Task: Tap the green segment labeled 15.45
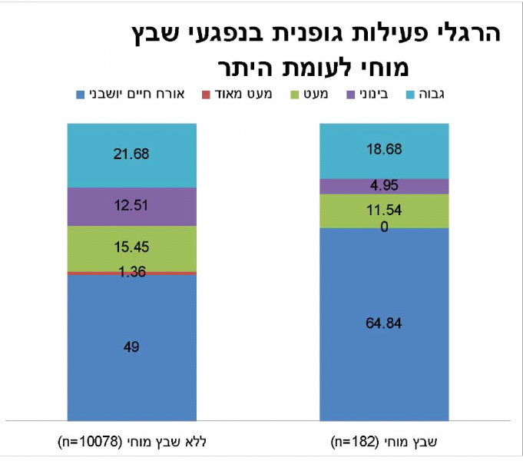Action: (131, 248)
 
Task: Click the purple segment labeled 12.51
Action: (131, 206)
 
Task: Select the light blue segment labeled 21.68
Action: (131, 154)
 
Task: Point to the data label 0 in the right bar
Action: (384, 226)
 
